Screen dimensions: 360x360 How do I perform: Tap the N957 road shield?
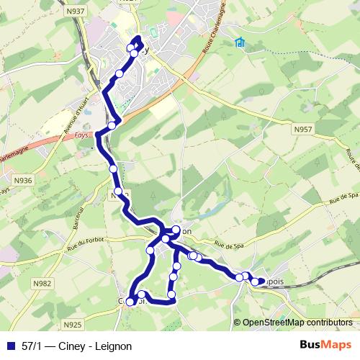tap(303, 129)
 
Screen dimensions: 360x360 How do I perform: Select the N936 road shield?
tap(24, 179)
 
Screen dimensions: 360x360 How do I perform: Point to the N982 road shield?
tap(42, 283)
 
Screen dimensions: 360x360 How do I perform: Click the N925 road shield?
tap(73, 324)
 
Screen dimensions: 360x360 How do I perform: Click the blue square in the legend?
tap(10, 345)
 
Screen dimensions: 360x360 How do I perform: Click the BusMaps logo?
tap(325, 344)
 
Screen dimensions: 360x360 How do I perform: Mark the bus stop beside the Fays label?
tap(112, 126)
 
